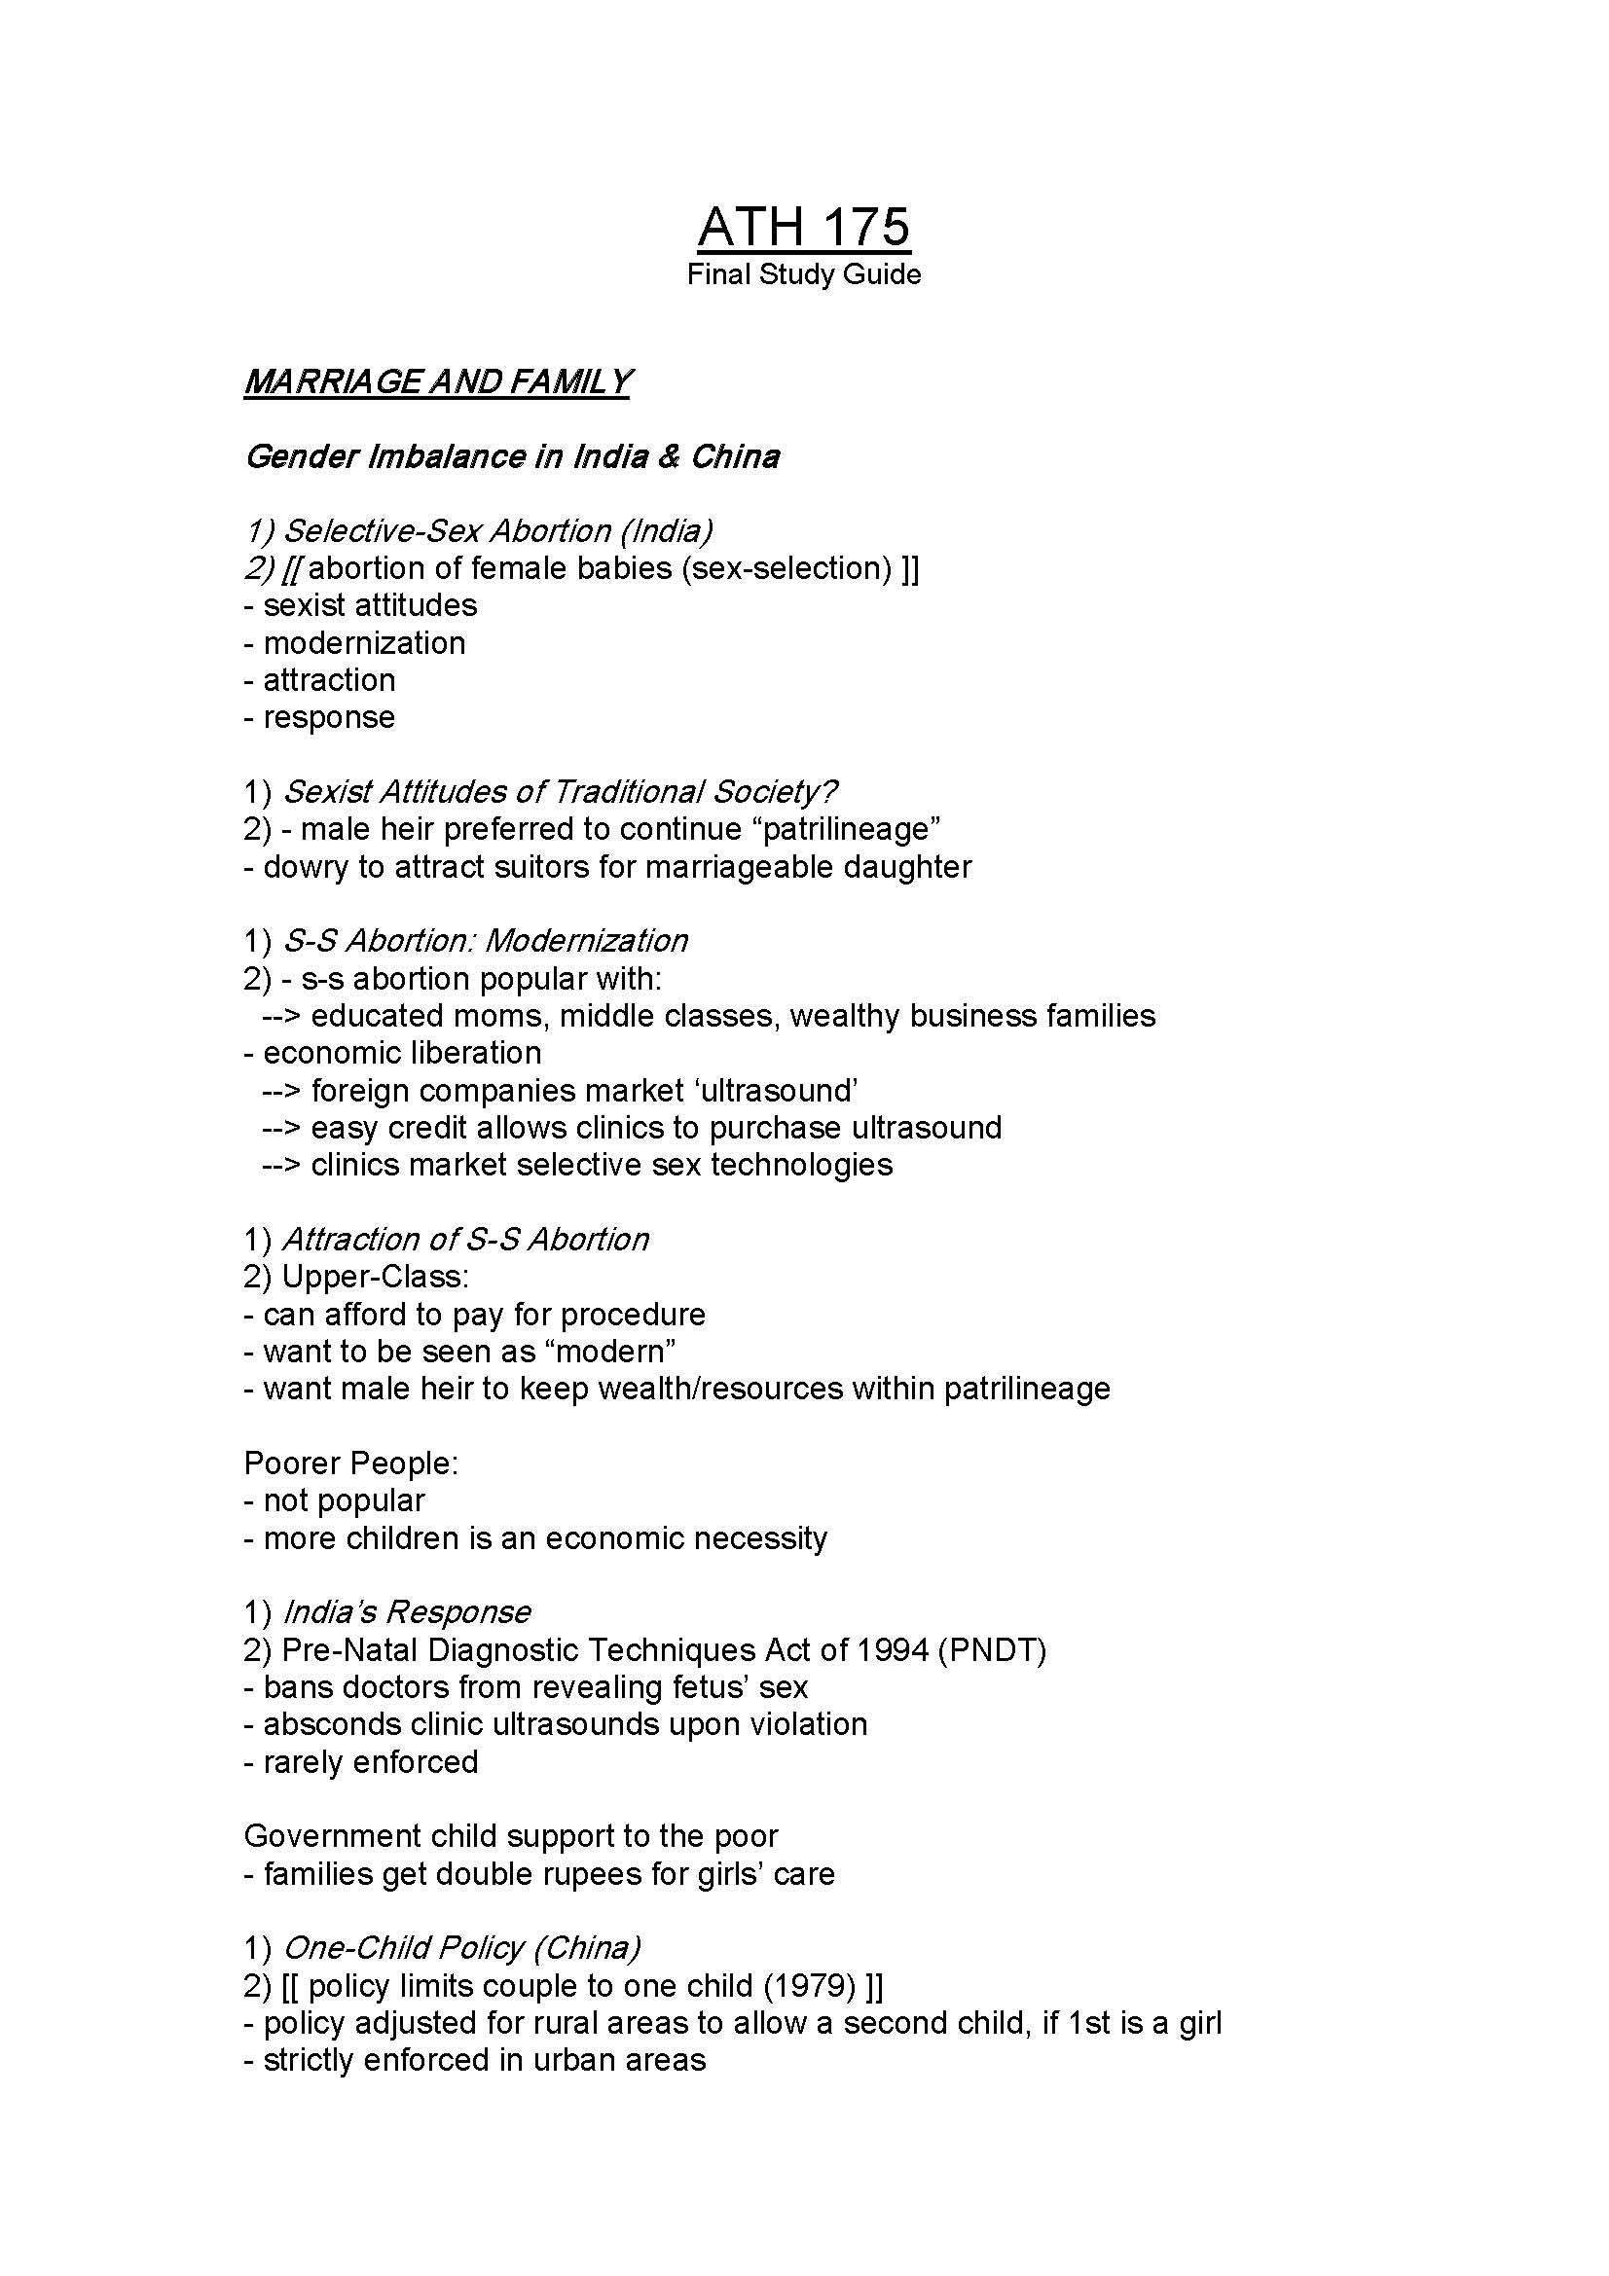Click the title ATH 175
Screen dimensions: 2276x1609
tap(803, 226)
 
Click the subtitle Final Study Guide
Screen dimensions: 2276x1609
tap(803, 273)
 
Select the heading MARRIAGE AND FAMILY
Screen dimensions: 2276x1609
tap(437, 381)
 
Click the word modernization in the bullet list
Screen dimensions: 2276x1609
tap(364, 642)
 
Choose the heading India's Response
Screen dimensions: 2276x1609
tap(407, 1611)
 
